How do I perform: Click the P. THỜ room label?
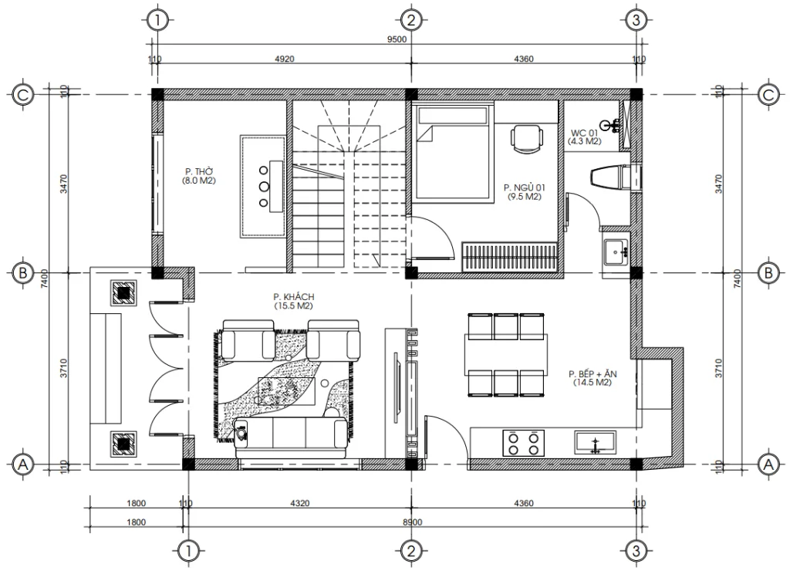click(x=199, y=176)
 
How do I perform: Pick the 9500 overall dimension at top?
click(x=397, y=39)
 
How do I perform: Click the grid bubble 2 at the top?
click(x=410, y=20)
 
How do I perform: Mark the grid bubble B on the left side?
click(x=23, y=272)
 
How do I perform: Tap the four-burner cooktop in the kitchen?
click(x=523, y=443)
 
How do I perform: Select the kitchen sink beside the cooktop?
click(x=594, y=443)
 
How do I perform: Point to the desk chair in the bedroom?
click(x=525, y=140)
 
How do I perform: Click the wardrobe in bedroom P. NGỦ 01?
click(x=509, y=257)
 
